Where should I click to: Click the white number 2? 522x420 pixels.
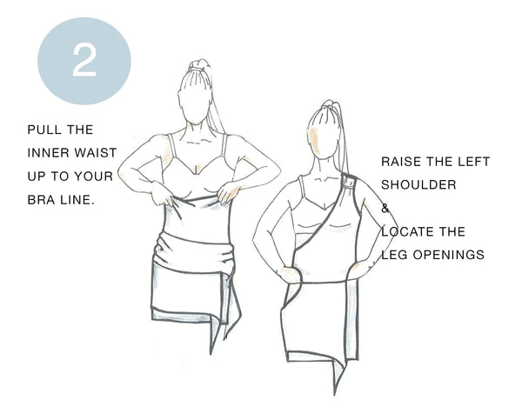[x=84, y=61]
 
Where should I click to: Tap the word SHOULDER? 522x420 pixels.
[x=418, y=184]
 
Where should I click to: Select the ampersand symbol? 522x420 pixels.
[x=385, y=209]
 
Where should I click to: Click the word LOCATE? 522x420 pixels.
[x=405, y=231]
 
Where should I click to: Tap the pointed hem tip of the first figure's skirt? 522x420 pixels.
[x=211, y=353]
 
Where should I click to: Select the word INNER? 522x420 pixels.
[x=48, y=153]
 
